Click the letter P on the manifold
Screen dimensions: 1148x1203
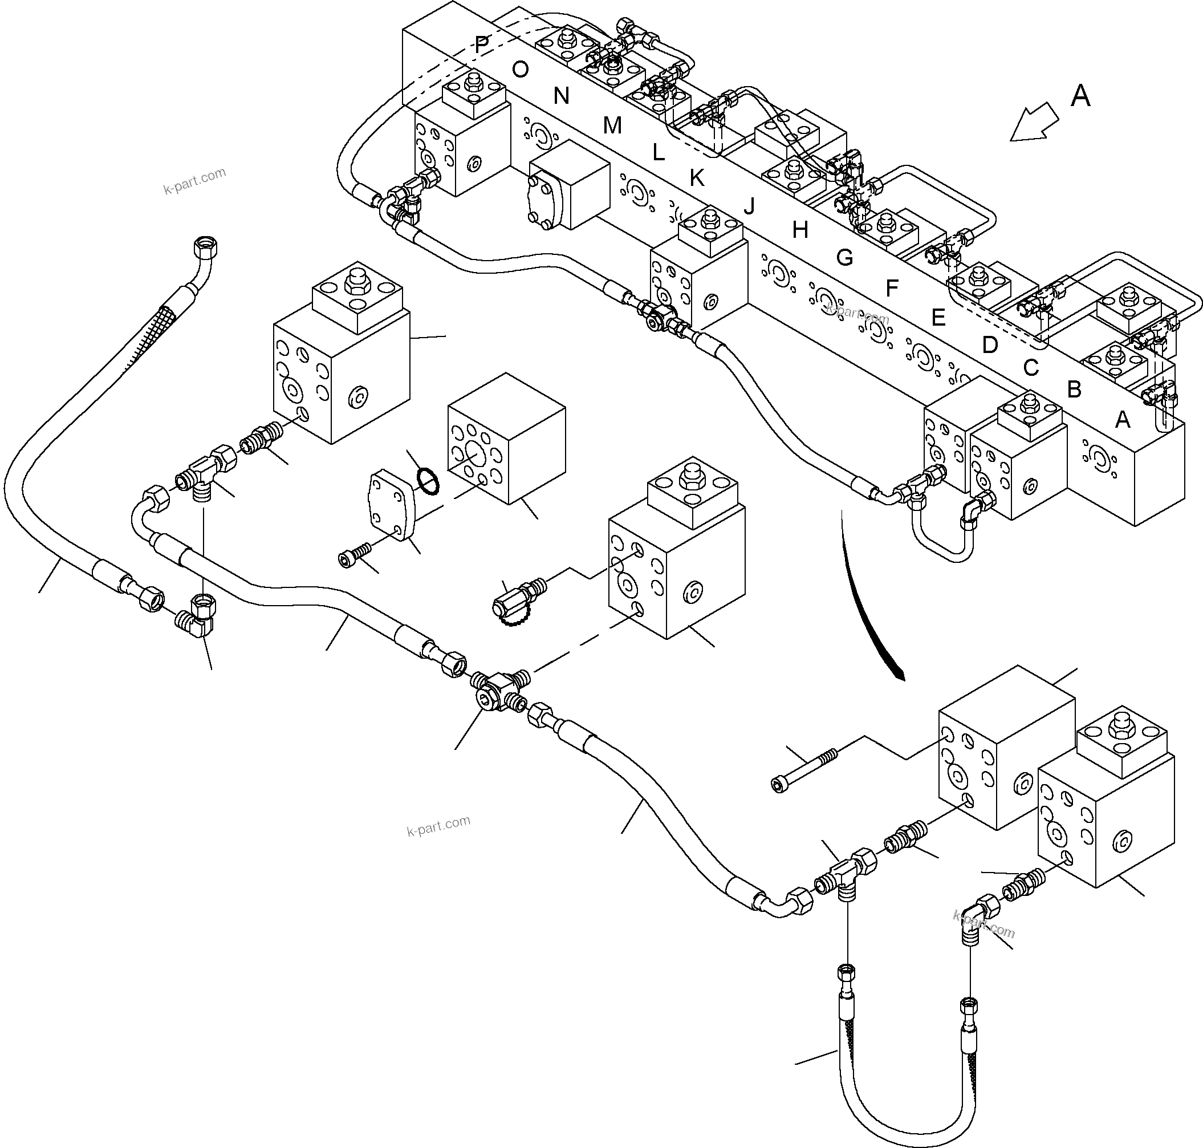[x=482, y=44]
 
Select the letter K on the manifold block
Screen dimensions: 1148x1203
[x=696, y=178]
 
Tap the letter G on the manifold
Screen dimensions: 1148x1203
[x=844, y=258]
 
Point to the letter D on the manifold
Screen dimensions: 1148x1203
[x=989, y=345]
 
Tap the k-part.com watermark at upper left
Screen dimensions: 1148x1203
[x=194, y=181]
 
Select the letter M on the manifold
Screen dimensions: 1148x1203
[x=612, y=125]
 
